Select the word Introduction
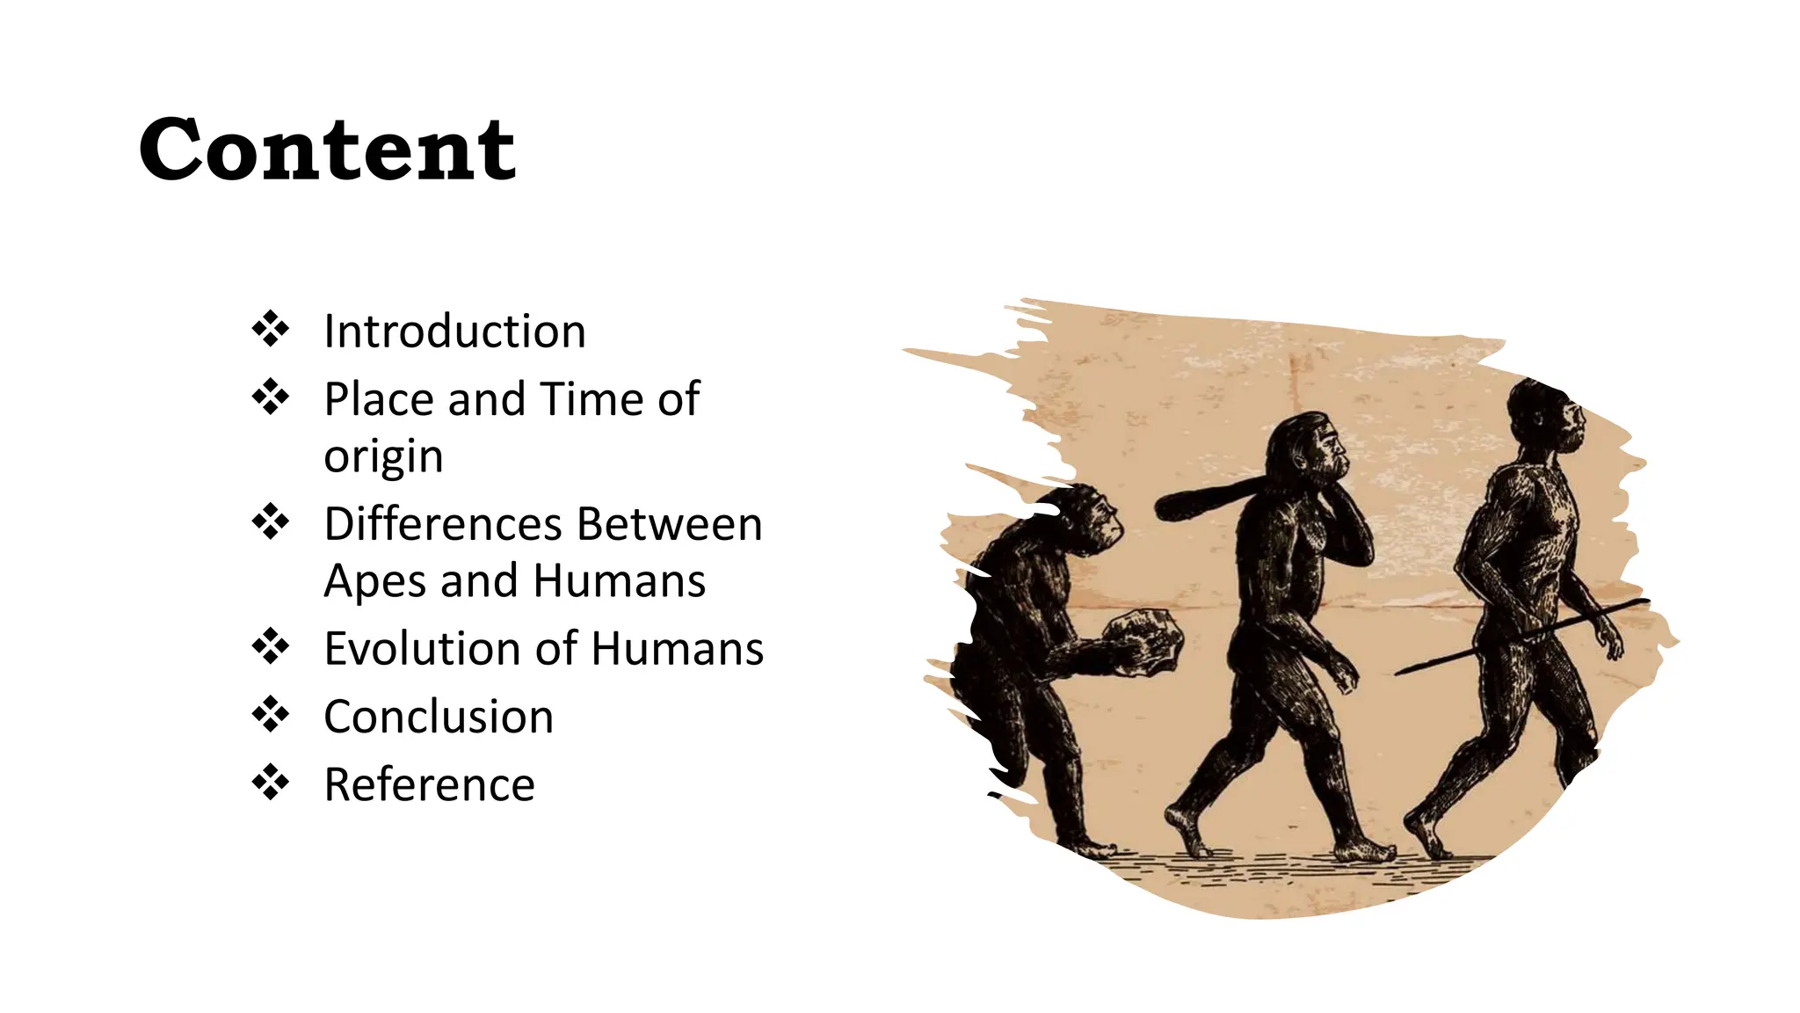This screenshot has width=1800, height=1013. point(454,332)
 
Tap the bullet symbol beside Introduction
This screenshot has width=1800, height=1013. point(271,329)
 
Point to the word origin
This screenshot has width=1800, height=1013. point(383,457)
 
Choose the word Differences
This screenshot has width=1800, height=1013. point(443,524)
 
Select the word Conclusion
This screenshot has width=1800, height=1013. point(439,717)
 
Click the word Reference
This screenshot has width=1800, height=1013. point(429,784)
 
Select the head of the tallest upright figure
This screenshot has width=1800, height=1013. point(1547,418)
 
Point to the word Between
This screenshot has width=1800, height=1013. point(670,524)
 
